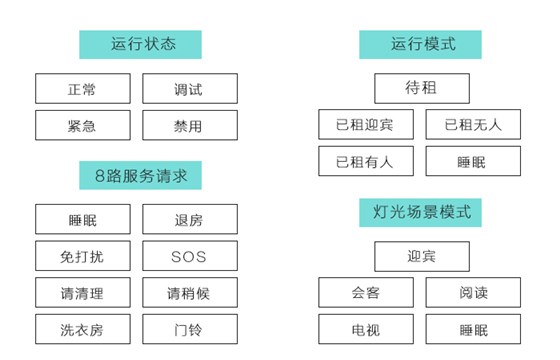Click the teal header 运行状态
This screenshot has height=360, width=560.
pyautogui.click(x=141, y=45)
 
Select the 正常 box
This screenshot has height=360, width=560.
pyautogui.click(x=83, y=89)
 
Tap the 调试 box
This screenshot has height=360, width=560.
pyautogui.click(x=190, y=89)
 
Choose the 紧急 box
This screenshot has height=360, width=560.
pyautogui.click(x=83, y=125)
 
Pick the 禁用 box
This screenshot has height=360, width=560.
pyautogui.click(x=190, y=125)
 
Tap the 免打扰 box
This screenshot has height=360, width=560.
pyautogui.click(x=83, y=256)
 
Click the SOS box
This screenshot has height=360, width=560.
pyautogui.click(x=190, y=256)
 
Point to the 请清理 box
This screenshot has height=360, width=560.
pyautogui.click(x=83, y=293)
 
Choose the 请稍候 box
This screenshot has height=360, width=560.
pyautogui.click(x=190, y=293)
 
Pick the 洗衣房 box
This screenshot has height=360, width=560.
pyautogui.click(x=83, y=329)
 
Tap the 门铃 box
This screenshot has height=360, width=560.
pyautogui.click(x=190, y=329)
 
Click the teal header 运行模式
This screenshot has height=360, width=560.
pyautogui.click(x=421, y=45)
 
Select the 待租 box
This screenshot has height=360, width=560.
pyautogui.click(x=421, y=89)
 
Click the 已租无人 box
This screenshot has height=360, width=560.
pyautogui.click(x=473, y=125)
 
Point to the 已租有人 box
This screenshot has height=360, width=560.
pyautogui.click(x=366, y=161)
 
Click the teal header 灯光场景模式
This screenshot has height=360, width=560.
pyautogui.click(x=421, y=212)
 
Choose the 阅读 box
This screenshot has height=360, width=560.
pyautogui.click(x=473, y=293)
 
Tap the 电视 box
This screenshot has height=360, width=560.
pyautogui.click(x=366, y=329)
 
